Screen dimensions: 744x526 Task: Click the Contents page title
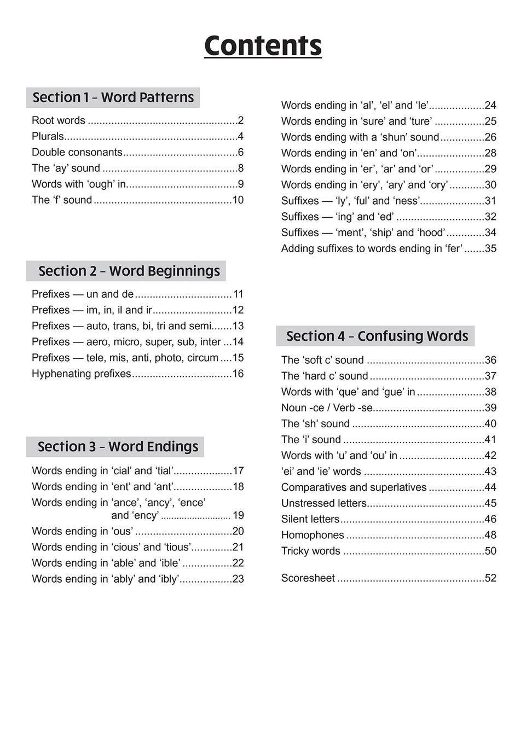[263, 46]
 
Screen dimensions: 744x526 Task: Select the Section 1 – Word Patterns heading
[113, 97]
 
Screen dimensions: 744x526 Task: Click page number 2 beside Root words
[240, 120]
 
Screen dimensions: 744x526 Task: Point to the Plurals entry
[48, 136]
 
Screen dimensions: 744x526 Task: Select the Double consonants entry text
[77, 152]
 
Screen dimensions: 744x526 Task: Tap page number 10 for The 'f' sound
[238, 200]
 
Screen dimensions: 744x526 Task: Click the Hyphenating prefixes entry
[82, 374]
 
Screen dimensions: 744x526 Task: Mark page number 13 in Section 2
[238, 326]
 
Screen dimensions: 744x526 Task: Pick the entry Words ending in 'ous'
[83, 531]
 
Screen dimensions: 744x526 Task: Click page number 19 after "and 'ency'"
[238, 515]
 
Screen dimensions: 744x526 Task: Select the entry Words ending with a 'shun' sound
[360, 137]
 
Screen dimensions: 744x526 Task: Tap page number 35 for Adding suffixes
[490, 248]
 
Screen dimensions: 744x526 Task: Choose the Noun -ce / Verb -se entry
[327, 408]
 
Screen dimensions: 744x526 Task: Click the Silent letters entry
[310, 519]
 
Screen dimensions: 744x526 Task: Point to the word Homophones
[313, 535]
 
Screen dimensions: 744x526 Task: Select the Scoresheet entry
[308, 578]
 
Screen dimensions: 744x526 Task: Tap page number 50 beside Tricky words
[490, 551]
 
